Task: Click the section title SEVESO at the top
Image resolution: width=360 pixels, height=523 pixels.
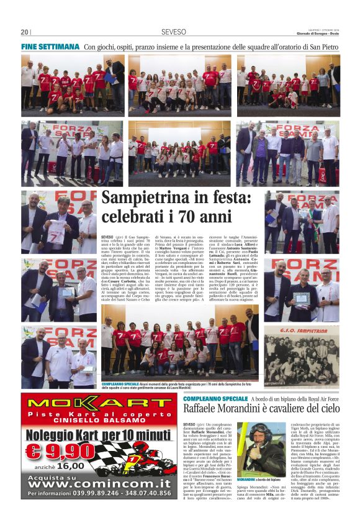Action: tap(171, 32)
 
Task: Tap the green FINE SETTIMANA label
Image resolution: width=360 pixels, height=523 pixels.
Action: tap(50, 47)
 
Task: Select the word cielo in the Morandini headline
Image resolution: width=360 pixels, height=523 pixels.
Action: tap(326, 409)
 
